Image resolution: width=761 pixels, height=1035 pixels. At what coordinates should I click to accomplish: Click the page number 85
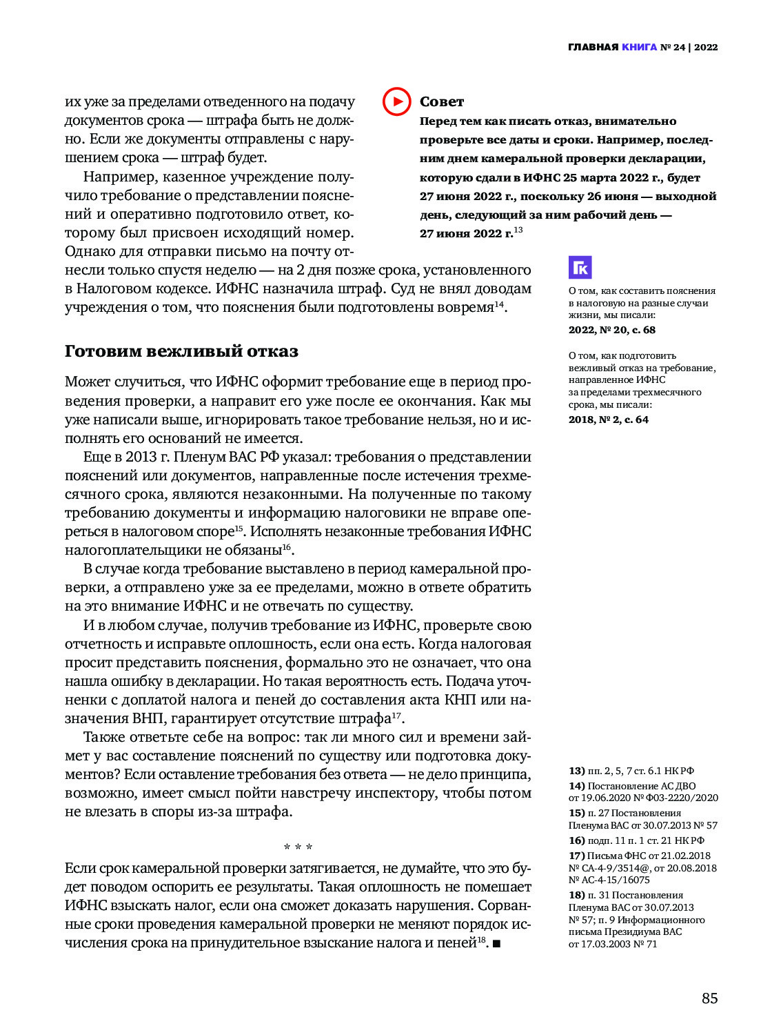point(709,998)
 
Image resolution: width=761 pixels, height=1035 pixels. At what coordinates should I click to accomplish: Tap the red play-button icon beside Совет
point(396,101)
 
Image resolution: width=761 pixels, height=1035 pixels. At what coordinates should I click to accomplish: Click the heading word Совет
point(442,102)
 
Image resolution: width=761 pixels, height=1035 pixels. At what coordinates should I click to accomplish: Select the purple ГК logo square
point(580,268)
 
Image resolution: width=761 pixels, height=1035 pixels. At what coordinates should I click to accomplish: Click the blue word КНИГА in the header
point(639,48)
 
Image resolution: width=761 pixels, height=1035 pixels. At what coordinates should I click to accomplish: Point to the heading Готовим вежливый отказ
point(181,351)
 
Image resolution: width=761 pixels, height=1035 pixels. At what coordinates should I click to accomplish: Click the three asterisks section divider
point(298,847)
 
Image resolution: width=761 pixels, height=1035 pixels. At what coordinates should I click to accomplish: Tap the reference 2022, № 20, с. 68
point(611,330)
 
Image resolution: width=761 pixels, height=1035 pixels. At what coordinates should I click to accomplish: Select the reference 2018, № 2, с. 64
point(608,420)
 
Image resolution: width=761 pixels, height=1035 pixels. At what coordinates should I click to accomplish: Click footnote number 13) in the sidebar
point(576,771)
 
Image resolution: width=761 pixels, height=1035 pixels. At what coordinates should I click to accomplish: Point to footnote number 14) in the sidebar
point(576,786)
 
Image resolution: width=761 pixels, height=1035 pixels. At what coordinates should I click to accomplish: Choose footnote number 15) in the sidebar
point(576,813)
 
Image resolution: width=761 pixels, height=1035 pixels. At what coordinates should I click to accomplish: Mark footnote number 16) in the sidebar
point(576,840)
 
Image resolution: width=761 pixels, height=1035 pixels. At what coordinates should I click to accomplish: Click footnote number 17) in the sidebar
point(576,856)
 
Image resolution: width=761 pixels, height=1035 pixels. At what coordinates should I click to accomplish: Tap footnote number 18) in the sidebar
point(576,895)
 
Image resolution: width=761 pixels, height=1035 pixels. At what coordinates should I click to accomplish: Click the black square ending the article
point(496,943)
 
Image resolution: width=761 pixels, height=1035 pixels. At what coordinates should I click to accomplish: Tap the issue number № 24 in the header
point(673,48)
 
